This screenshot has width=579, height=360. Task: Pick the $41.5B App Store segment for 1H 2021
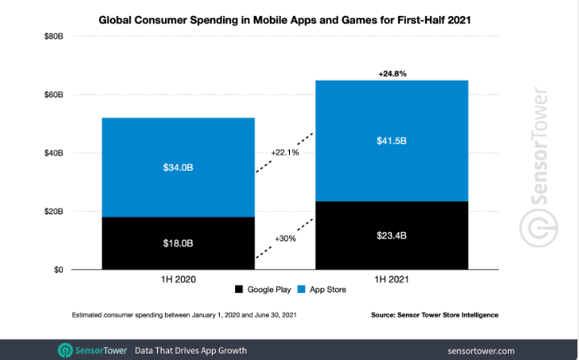coord(391,140)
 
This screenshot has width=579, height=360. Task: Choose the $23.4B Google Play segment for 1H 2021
coord(391,235)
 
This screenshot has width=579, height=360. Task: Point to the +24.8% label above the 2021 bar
coord(392,72)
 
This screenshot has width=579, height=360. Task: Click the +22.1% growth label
coord(286,152)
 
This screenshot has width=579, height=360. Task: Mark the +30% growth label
coord(286,239)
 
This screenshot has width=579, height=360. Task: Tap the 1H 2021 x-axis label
coord(391,279)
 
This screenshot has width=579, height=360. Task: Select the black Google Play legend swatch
coord(239,289)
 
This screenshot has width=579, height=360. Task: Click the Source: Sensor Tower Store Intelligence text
coord(446,314)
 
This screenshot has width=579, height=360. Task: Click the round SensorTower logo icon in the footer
coord(65,350)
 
